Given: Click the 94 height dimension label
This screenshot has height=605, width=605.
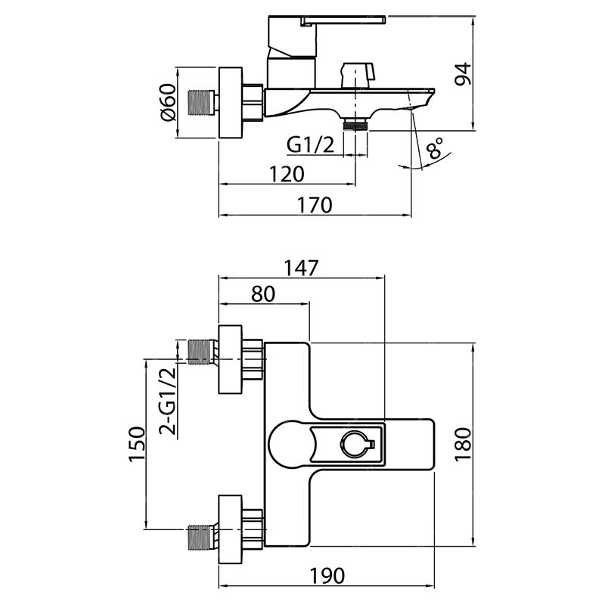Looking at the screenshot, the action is click(x=463, y=73).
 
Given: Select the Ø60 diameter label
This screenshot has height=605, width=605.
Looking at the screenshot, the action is click(x=168, y=102).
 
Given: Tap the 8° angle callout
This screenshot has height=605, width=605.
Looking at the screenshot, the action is click(x=436, y=148).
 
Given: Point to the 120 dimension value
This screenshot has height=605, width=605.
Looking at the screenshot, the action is click(x=287, y=174).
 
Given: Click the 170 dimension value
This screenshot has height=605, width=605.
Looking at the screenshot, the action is click(x=315, y=205).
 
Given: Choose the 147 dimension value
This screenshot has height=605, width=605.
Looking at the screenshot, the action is click(x=301, y=268).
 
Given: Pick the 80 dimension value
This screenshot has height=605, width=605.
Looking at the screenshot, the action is click(x=263, y=293).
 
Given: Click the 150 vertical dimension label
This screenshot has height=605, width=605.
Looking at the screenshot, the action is click(x=138, y=444).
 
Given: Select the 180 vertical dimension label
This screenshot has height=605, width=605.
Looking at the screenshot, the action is click(x=463, y=444).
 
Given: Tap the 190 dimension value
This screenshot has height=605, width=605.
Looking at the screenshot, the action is click(x=327, y=576).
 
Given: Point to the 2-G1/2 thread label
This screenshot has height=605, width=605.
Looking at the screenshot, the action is click(x=168, y=402).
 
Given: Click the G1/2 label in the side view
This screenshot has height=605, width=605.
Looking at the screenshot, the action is click(x=310, y=145).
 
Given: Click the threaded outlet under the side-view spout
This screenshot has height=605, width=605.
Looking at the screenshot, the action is click(x=355, y=125).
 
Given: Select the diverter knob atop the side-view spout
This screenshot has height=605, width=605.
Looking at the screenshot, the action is click(x=357, y=74).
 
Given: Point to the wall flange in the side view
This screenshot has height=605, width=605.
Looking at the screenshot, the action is click(x=231, y=103).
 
